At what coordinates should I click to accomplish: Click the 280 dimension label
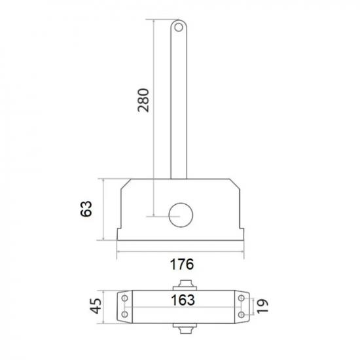143,100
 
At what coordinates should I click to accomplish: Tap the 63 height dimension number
86,209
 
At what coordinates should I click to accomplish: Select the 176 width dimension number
182,264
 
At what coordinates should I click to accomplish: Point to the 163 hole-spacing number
183,300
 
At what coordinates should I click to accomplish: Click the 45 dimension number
96,306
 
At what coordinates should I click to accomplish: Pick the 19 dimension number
262,306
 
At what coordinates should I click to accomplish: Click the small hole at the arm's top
179,27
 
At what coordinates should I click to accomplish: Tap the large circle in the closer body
181,215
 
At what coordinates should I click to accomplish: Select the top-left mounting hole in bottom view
124,298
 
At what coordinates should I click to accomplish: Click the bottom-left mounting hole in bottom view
124,314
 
